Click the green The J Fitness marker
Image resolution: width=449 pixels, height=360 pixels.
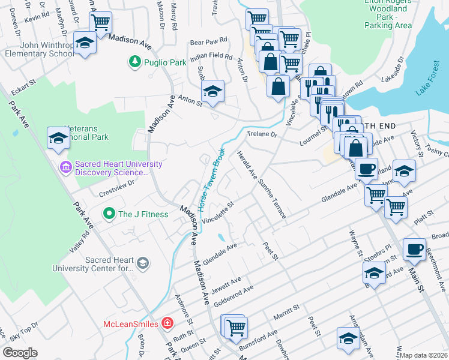[109, 214]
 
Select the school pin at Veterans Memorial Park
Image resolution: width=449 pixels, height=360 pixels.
[58, 137]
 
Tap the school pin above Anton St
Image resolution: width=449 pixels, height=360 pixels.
[212, 92]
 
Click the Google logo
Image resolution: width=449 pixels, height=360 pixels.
[20, 353]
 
